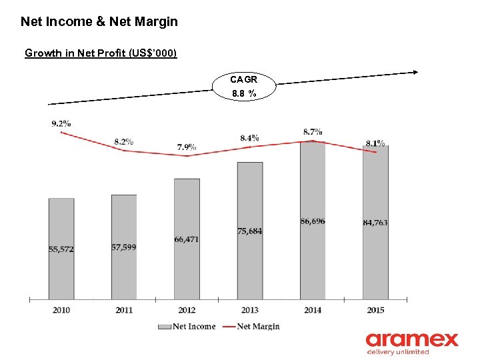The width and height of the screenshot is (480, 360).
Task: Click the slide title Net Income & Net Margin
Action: click(99, 21)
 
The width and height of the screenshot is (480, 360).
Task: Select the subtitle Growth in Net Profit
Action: click(101, 53)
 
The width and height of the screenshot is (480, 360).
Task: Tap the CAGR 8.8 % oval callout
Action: click(243, 86)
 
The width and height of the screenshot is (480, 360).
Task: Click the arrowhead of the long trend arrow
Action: click(415, 72)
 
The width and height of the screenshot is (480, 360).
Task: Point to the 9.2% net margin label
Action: click(61, 123)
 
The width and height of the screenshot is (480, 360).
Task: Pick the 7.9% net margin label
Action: click(187, 147)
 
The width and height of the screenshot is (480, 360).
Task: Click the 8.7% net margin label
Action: click(313, 132)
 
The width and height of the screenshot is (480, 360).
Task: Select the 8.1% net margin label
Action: click(375, 143)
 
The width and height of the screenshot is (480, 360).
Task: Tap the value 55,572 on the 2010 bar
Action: click(61, 249)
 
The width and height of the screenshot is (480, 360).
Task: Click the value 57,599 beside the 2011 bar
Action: click(124, 247)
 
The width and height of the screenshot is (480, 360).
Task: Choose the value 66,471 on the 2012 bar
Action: click(187, 239)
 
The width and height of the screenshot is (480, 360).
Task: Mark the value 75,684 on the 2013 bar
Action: click(249, 231)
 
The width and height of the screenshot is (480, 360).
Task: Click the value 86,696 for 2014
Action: click(313, 221)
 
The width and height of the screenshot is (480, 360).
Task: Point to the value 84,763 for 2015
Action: click(375, 223)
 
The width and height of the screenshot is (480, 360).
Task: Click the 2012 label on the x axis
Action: click(187, 309)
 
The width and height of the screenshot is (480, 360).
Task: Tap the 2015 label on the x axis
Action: click(375, 309)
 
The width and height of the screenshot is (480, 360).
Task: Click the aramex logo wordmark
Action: click(411, 339)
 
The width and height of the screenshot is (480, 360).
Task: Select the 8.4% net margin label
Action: click(249, 138)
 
